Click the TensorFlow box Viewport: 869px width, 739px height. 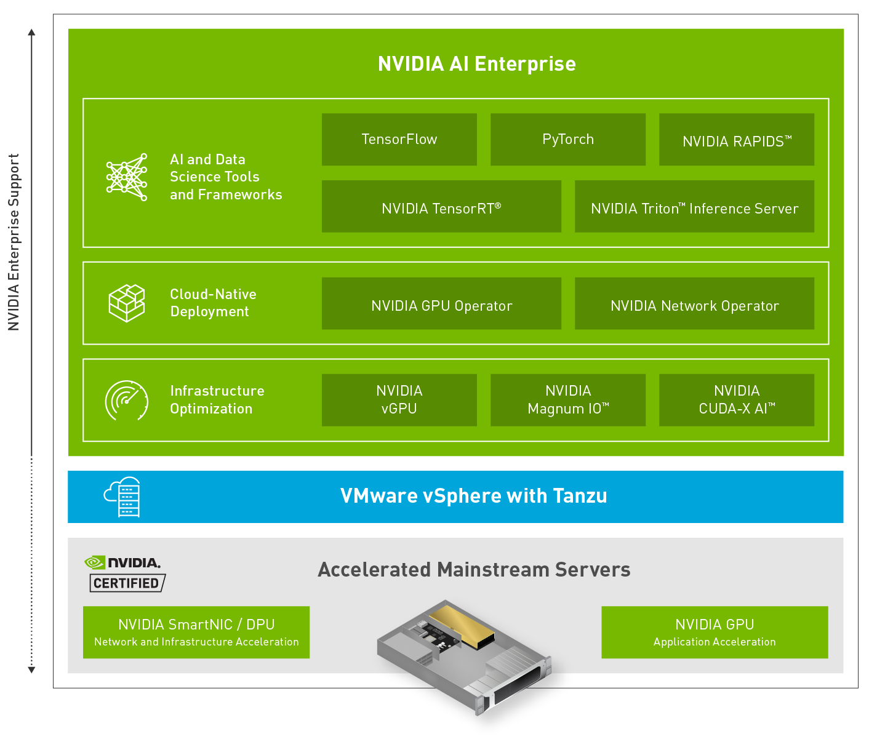(399, 140)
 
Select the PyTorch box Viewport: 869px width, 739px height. (567, 140)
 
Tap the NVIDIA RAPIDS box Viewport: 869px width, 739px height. (736, 140)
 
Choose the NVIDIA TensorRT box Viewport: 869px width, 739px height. (441, 207)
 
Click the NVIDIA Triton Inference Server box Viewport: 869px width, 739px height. (694, 207)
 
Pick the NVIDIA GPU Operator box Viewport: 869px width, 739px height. (441, 304)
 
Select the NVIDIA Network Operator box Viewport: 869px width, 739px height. (694, 304)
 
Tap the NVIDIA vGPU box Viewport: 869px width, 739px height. (399, 400)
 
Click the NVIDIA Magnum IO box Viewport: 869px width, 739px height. (567, 400)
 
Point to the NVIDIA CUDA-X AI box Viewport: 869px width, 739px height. (736, 400)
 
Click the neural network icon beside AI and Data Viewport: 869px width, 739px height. (127, 177)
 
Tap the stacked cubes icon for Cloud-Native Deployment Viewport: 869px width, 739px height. (127, 303)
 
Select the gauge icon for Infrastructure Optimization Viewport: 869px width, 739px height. (127, 401)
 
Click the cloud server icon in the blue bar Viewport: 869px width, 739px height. (123, 497)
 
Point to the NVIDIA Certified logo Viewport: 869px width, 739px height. (126, 573)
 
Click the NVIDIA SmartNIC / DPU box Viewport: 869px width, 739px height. (196, 633)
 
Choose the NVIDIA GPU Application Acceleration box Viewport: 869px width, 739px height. (715, 633)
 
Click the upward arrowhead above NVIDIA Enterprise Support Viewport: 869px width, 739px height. (32, 32)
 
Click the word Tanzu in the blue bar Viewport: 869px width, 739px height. (580, 496)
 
